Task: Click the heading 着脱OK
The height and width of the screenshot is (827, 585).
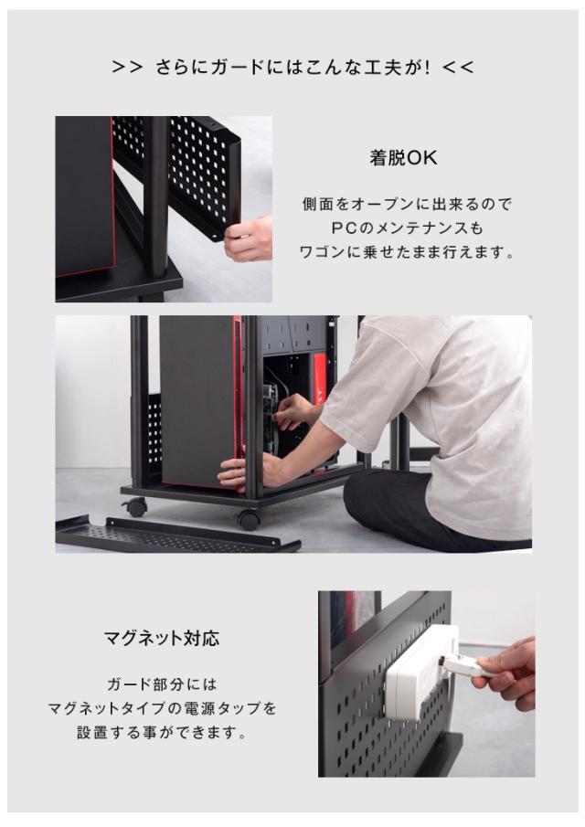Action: tap(403, 158)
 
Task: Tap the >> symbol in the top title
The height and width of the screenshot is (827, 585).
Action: tap(126, 68)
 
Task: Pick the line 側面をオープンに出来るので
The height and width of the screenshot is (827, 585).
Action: tap(403, 204)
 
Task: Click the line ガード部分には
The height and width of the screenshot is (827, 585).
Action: tap(161, 684)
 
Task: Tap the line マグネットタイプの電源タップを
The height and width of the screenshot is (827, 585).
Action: tap(161, 708)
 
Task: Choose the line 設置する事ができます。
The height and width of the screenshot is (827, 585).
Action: tap(161, 732)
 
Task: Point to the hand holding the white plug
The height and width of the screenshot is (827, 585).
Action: tap(508, 673)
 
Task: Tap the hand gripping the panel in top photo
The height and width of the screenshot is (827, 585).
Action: tap(249, 239)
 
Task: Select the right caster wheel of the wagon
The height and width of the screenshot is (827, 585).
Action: tap(249, 519)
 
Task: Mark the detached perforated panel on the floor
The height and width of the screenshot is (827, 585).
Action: tap(178, 535)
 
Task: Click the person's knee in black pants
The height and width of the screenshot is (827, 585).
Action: tap(366, 498)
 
